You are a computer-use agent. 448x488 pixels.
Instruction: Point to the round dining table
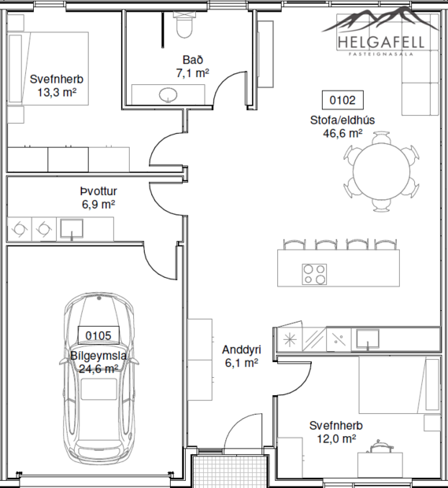[380, 172]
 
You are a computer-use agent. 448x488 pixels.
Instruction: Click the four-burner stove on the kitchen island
[315, 273]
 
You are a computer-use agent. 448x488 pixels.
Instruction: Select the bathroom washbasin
[168, 95]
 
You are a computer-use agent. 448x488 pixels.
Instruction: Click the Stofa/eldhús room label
[342, 120]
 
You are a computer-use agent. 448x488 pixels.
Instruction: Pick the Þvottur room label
[98, 191]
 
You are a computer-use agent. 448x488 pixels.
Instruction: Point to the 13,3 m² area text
[57, 92]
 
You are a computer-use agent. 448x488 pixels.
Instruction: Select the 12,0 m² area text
[336, 439]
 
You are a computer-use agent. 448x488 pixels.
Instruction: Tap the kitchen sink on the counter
[368, 338]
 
